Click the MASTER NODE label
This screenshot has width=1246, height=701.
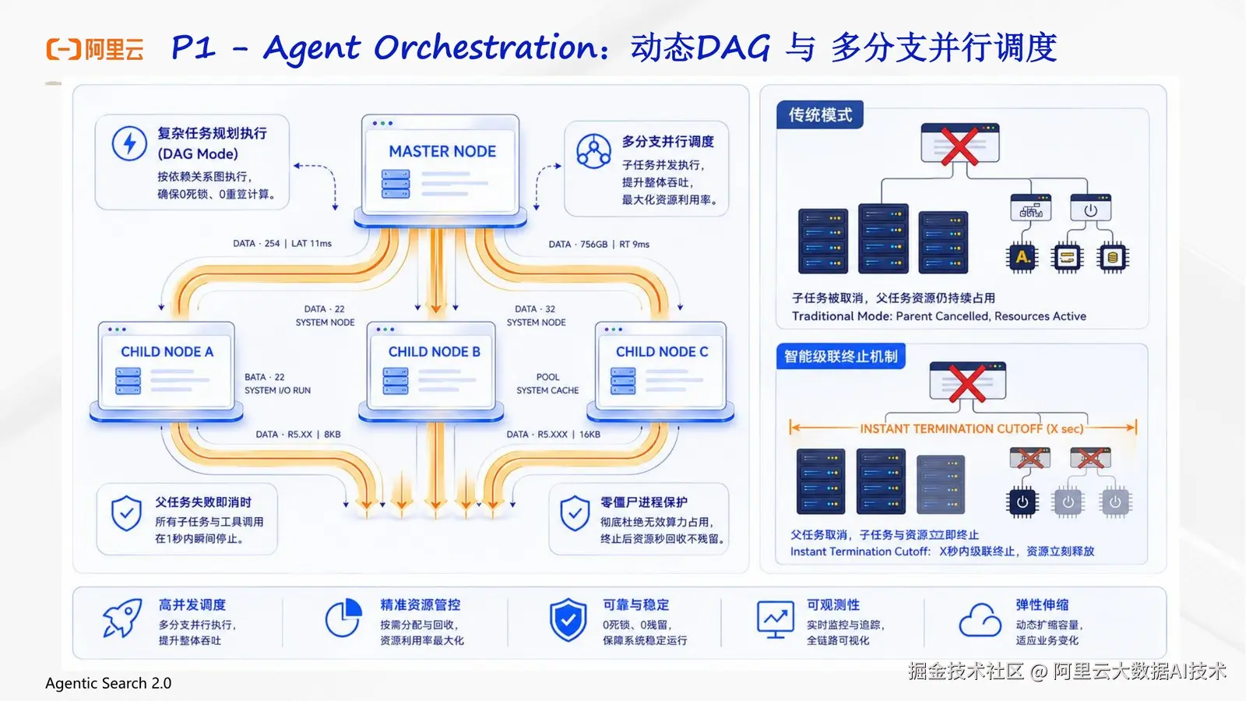pos(442,151)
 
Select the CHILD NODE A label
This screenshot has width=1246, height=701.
pos(167,351)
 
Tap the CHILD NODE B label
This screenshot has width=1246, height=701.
pos(434,351)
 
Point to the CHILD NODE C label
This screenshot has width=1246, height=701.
pos(662,351)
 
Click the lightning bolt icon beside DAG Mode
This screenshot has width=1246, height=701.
pos(129,143)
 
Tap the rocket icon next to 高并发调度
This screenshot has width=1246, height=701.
pos(122,618)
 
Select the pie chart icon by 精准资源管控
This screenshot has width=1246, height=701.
pos(343,618)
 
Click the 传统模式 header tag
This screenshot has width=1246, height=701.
pos(820,115)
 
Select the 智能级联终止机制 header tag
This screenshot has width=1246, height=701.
pos(840,357)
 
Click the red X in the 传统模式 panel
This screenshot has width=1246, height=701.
pos(959,146)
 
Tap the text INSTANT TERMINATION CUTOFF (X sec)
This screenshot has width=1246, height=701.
pos(972,428)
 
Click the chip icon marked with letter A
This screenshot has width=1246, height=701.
pos(1022,258)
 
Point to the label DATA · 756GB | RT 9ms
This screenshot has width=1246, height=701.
pos(599,245)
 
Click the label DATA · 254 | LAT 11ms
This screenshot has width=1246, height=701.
pos(282,243)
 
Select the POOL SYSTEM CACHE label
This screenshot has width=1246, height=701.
pos(547,383)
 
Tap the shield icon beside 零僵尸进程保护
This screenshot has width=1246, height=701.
pos(575,513)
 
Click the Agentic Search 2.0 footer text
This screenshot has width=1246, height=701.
pos(108,683)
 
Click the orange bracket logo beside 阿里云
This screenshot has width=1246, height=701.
pos(63,49)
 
